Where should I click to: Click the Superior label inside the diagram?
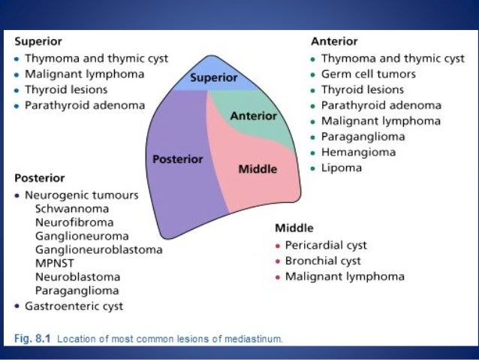[x=213, y=77]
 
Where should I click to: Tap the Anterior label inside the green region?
[x=253, y=116]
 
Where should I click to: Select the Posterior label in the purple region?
[x=178, y=159]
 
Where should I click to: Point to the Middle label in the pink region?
[x=258, y=169]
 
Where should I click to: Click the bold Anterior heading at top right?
[x=334, y=41]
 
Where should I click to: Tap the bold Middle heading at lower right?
[x=294, y=228]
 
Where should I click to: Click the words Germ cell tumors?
[x=368, y=74]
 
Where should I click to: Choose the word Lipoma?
[x=342, y=168]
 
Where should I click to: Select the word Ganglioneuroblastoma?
[x=98, y=249]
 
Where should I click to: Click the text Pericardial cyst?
[x=326, y=245]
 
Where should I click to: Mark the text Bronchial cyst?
[x=323, y=261]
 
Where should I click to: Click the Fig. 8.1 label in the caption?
[x=35, y=339]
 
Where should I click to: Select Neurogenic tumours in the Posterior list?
[x=81, y=195]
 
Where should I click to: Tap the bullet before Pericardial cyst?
[x=278, y=246]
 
